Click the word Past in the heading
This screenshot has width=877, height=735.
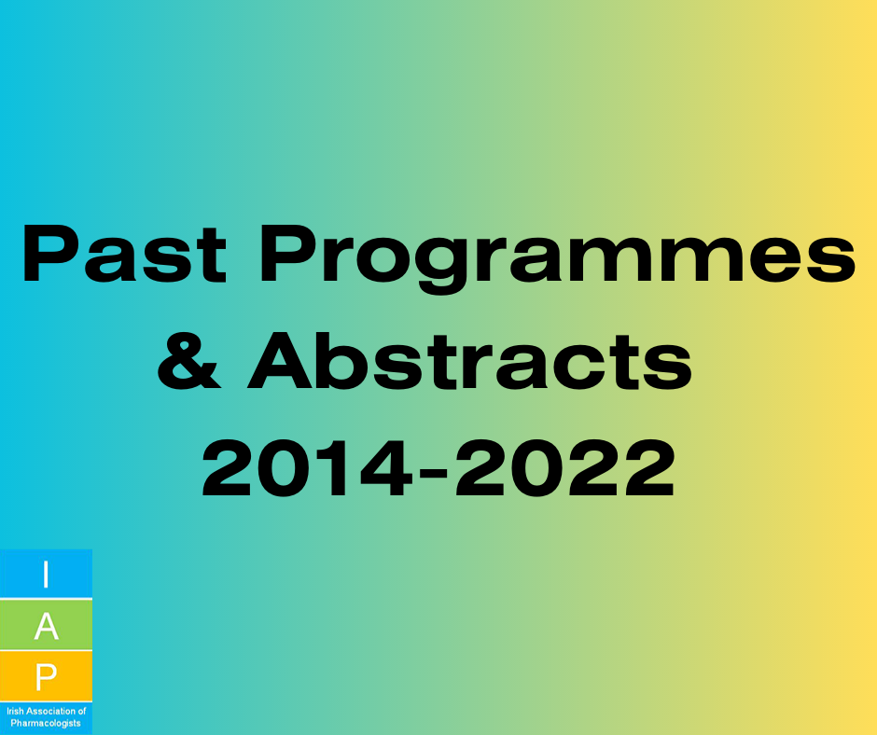click(x=124, y=255)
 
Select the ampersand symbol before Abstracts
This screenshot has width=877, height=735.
click(x=189, y=361)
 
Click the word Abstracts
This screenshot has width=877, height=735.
click(x=470, y=361)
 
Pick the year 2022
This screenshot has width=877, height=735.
click(x=565, y=467)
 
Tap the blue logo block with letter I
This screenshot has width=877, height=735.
click(x=46, y=574)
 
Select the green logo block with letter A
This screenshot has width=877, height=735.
click(x=46, y=625)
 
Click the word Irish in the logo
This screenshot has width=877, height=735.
click(x=16, y=712)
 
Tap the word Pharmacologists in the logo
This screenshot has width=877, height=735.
click(x=46, y=723)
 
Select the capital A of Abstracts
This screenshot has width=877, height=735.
click(x=280, y=360)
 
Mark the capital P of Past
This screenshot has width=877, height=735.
click(x=52, y=255)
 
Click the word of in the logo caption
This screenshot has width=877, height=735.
click(x=82, y=712)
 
